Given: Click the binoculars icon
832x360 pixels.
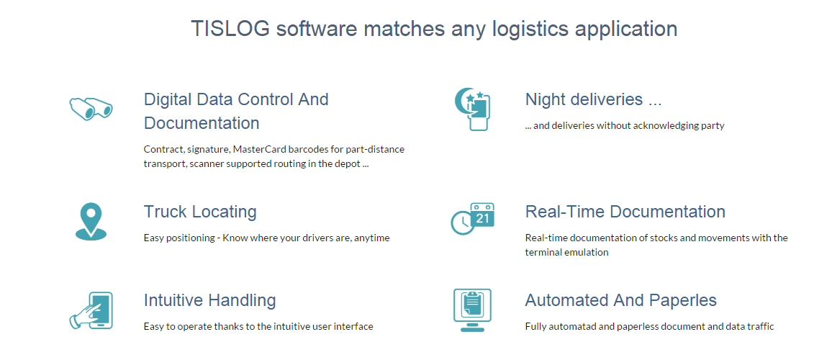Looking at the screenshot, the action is pos(91,108).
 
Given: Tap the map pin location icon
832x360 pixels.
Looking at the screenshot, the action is pos(91,222).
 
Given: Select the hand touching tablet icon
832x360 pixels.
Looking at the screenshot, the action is pos(91,310).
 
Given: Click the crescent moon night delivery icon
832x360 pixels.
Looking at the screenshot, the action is pos(472,109).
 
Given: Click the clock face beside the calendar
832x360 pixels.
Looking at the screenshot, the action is pos(462,222).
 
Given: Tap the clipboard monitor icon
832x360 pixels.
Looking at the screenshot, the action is pos(472,310).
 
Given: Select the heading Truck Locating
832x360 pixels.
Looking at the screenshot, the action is pos(200,212).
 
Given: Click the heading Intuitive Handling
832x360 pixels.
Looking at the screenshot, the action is pos(209,300).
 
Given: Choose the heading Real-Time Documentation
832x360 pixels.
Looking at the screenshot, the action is pos(625,212).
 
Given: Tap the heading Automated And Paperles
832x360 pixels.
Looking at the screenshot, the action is pos(621,300).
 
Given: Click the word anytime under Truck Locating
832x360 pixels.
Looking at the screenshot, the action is pos(371,238).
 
